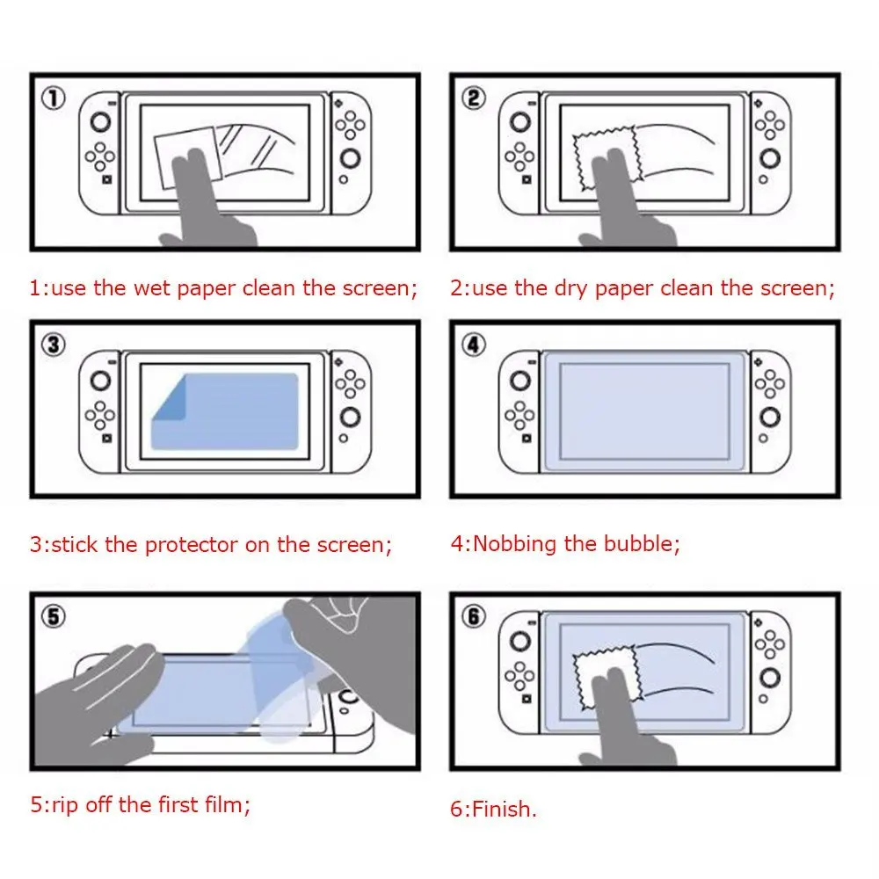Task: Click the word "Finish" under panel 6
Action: [x=502, y=810]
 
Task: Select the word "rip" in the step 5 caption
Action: [x=65, y=804]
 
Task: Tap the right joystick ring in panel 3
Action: [x=350, y=418]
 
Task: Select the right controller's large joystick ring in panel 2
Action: [x=771, y=159]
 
